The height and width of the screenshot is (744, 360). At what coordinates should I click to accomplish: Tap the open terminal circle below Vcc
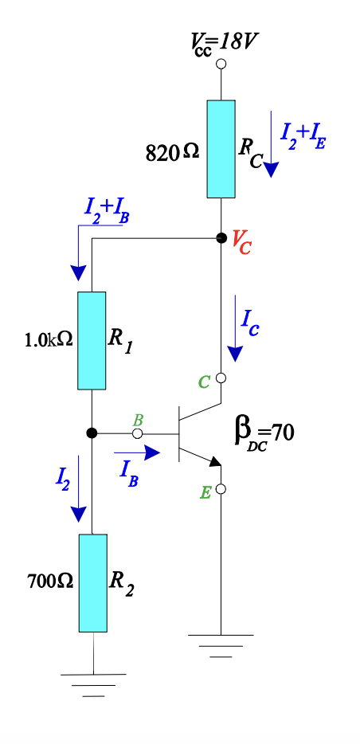coord(221,63)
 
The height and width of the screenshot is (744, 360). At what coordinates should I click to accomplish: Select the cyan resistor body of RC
coord(221,149)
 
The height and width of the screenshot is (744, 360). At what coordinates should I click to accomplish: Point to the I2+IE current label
coord(303,136)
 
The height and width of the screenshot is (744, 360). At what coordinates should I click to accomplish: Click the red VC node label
coord(242,242)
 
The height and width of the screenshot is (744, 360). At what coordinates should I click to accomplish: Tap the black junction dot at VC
coord(221,237)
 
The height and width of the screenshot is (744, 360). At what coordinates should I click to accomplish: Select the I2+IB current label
coord(106,210)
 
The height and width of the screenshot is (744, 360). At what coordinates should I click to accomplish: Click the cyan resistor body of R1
coord(92,340)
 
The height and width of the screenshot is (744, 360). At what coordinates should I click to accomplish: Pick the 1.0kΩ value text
coord(49,339)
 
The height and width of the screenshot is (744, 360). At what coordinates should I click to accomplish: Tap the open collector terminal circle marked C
coord(221,378)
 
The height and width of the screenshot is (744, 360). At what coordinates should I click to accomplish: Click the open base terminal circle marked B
coord(137,433)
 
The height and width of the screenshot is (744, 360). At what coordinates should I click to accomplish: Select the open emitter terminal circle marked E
coord(221,488)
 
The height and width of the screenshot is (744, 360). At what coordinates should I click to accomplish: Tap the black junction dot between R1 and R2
coord(92,433)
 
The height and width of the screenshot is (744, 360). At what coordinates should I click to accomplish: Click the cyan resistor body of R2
coord(92,583)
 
